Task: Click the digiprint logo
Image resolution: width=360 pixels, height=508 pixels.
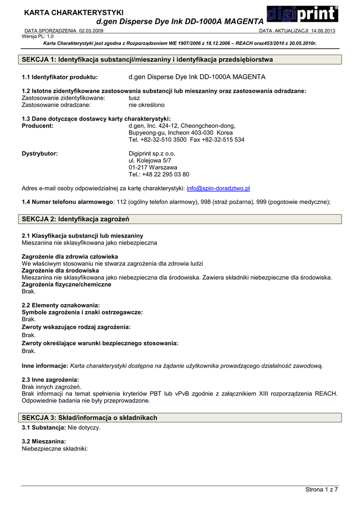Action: tap(302, 14)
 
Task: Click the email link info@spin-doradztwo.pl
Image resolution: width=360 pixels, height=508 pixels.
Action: tap(218, 189)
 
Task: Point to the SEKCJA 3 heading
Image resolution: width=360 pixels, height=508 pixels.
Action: tap(90, 418)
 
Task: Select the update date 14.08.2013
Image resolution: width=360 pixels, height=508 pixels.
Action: tap(323, 31)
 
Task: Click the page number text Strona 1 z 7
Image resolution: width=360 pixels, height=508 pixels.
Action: tap(321, 490)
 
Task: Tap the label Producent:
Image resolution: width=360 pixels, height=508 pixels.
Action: tap(37, 126)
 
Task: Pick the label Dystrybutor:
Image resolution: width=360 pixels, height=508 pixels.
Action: tap(40, 154)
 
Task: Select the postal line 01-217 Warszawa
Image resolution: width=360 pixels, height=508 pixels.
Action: tap(153, 168)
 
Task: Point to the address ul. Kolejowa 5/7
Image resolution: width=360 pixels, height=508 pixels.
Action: tap(150, 161)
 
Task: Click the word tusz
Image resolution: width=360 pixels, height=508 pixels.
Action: tap(135, 98)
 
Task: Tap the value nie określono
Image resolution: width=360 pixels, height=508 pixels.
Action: tap(146, 105)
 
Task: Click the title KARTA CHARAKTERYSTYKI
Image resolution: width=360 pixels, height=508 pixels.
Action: tap(74, 12)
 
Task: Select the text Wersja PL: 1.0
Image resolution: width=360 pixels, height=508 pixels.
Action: tap(38, 36)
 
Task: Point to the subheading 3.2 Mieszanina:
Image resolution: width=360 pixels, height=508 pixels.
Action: tap(44, 441)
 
